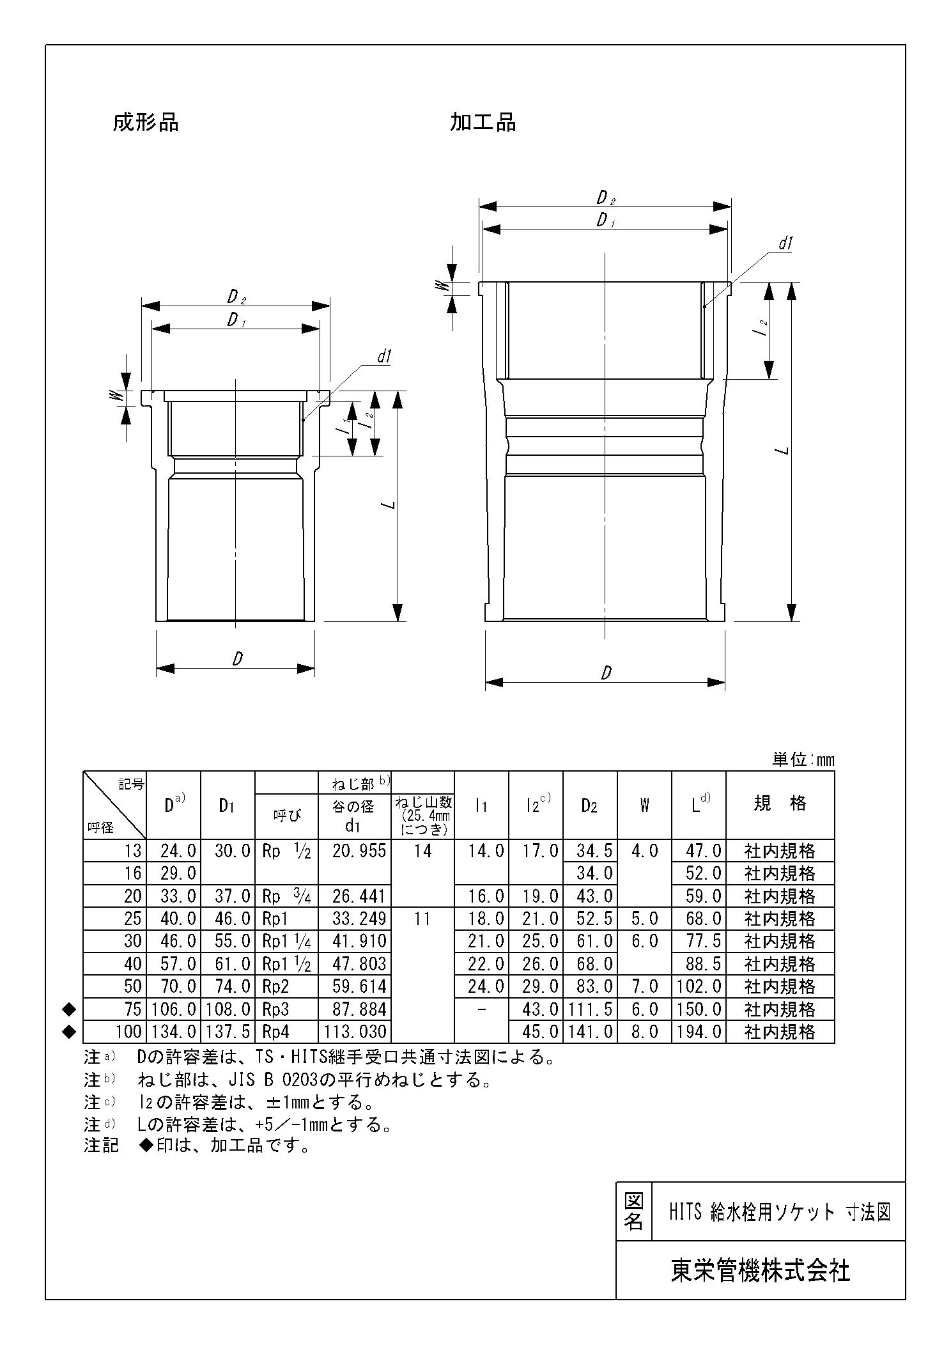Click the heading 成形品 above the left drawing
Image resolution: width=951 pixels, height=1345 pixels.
point(146,122)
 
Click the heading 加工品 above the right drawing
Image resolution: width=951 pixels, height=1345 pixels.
point(483,122)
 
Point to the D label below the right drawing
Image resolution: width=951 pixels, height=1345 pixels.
point(606,672)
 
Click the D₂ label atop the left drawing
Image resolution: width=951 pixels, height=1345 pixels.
point(236,297)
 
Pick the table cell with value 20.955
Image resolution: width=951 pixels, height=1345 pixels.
point(359,851)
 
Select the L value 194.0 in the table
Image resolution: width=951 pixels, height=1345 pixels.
point(699,1032)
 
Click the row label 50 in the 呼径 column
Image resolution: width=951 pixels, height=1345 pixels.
point(132,986)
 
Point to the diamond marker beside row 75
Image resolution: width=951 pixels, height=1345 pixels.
point(70,1009)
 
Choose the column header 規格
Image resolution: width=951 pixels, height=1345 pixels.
point(779,804)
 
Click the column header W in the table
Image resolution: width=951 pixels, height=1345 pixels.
point(644,805)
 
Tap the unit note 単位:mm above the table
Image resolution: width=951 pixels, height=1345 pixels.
point(803,759)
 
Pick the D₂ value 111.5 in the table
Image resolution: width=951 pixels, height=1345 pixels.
point(589,1009)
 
